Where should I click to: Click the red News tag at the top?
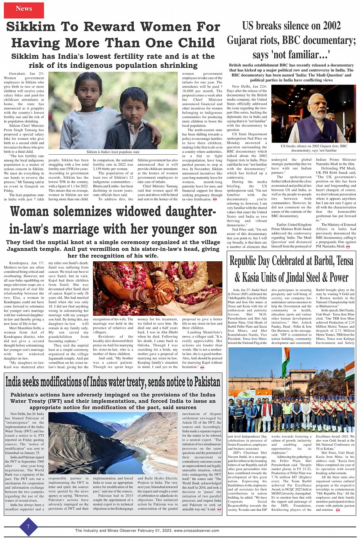[24, 9]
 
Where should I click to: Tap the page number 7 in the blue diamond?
[28, 527]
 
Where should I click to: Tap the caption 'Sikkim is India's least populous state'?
[113, 152]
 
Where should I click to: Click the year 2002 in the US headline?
[329, 26]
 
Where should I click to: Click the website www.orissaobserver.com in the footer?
[197, 531]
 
